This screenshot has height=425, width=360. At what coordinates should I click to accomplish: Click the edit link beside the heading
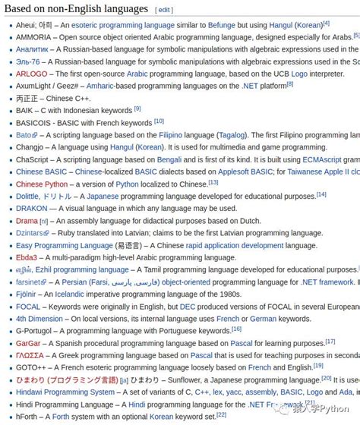tap(164, 10)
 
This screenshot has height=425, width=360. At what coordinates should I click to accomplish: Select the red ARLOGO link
tap(32, 74)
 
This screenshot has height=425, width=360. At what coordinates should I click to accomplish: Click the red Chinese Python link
tap(42, 184)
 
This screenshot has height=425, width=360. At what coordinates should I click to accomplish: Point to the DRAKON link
tap(32, 208)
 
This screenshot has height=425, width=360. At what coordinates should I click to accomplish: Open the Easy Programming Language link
tap(65, 245)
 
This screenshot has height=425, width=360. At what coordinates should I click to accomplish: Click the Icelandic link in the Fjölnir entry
tap(69, 294)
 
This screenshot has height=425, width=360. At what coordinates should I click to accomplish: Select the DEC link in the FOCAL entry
tap(188, 307)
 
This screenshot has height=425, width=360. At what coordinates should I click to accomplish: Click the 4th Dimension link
tap(39, 319)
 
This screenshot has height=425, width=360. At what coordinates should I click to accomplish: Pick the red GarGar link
tap(28, 343)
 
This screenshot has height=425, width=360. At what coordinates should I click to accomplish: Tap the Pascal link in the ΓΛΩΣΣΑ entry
tap(201, 355)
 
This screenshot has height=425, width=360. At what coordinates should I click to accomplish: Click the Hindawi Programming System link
tap(65, 392)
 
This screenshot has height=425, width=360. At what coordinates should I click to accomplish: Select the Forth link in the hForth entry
tap(62, 416)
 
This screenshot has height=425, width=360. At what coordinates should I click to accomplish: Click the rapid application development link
tap(235, 245)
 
